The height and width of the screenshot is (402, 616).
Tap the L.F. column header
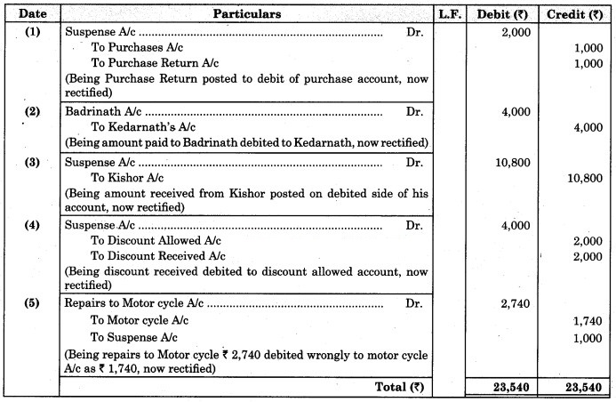451,13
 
